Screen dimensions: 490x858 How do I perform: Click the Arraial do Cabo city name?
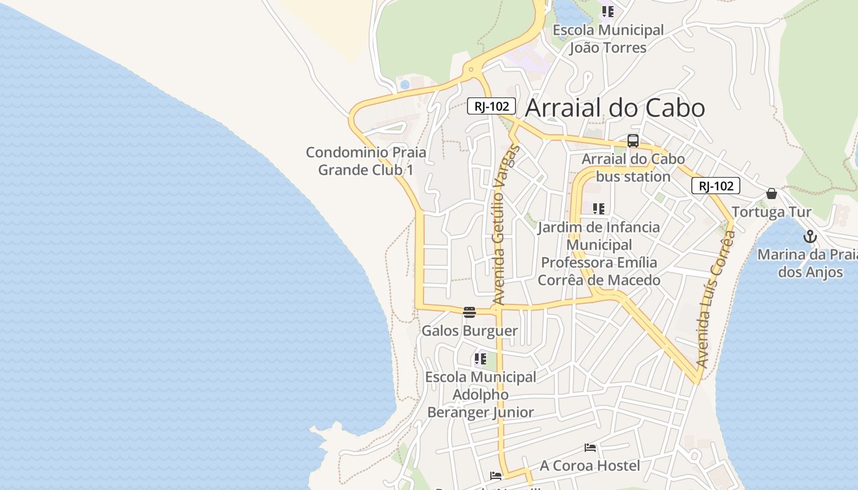615,108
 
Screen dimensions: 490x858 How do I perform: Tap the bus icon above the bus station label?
633,141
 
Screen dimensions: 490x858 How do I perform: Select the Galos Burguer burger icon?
469,312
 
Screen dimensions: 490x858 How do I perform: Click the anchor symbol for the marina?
810,236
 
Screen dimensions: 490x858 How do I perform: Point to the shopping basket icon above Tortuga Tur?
772,194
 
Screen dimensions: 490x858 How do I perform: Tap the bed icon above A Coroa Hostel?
590,448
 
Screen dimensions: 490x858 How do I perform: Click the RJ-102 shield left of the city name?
492,106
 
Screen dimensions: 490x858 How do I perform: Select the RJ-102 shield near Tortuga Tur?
716,186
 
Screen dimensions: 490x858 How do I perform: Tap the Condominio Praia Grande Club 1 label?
366,161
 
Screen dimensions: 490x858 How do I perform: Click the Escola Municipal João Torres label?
608,39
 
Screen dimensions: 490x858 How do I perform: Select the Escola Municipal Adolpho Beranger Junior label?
480,394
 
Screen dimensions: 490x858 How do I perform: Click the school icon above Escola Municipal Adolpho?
480,358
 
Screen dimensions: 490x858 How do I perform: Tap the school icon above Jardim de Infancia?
599,209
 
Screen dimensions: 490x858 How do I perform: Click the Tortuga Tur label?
772,212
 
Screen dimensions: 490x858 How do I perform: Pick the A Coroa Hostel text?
590,466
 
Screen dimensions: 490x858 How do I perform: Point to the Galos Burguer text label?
469,331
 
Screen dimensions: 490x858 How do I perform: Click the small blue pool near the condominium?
404,85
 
